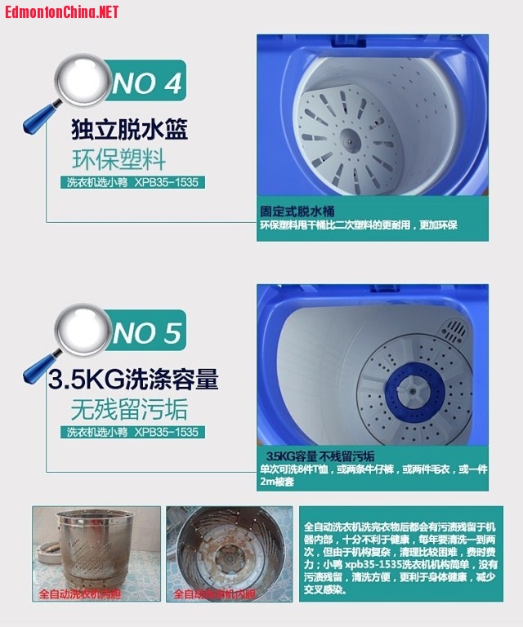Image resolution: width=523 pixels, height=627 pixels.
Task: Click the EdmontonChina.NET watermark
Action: [x=61, y=11]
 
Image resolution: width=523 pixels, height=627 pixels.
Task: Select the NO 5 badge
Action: [x=147, y=332]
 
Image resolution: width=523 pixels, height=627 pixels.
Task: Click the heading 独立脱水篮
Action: [x=129, y=130]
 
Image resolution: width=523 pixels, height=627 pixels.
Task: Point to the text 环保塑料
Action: [x=129, y=157]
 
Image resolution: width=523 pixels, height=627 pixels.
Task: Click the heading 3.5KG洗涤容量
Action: [x=133, y=380]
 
